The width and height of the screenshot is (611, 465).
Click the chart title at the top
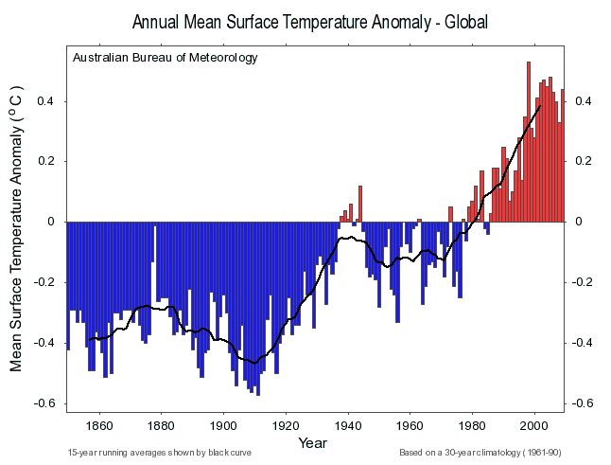pyautogui.click(x=310, y=21)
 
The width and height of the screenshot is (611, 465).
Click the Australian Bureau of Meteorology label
pyautogui.click(x=165, y=58)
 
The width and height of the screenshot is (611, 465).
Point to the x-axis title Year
pyautogui.click(x=313, y=442)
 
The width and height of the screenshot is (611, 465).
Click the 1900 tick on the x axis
pyautogui.click(x=224, y=424)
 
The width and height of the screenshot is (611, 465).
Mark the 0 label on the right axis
pyautogui.click(x=578, y=222)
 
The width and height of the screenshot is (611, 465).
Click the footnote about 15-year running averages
pyautogui.click(x=160, y=453)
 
